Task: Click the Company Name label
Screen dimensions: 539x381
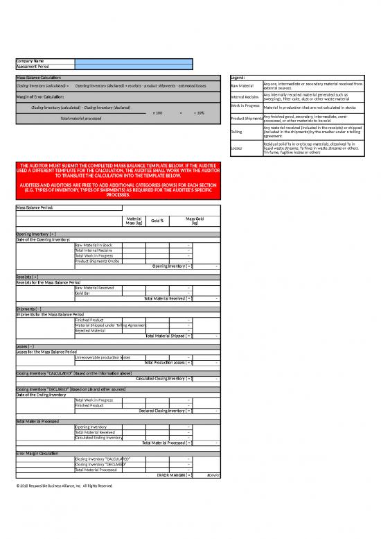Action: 29,60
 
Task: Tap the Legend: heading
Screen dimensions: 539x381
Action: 239,77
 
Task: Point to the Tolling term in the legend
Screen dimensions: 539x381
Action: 236,132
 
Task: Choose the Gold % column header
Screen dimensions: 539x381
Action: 157,221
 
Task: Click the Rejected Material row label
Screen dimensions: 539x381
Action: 90,330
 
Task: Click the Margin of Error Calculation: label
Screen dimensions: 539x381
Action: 40,96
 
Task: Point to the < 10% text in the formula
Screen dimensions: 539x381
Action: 197,112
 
